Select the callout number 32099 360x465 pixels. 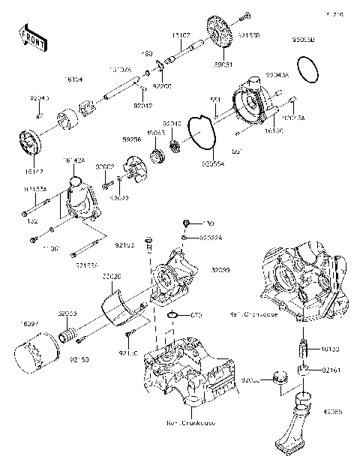tap(220, 269)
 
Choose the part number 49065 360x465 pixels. tap(334, 411)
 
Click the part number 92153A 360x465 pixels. tap(88, 264)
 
